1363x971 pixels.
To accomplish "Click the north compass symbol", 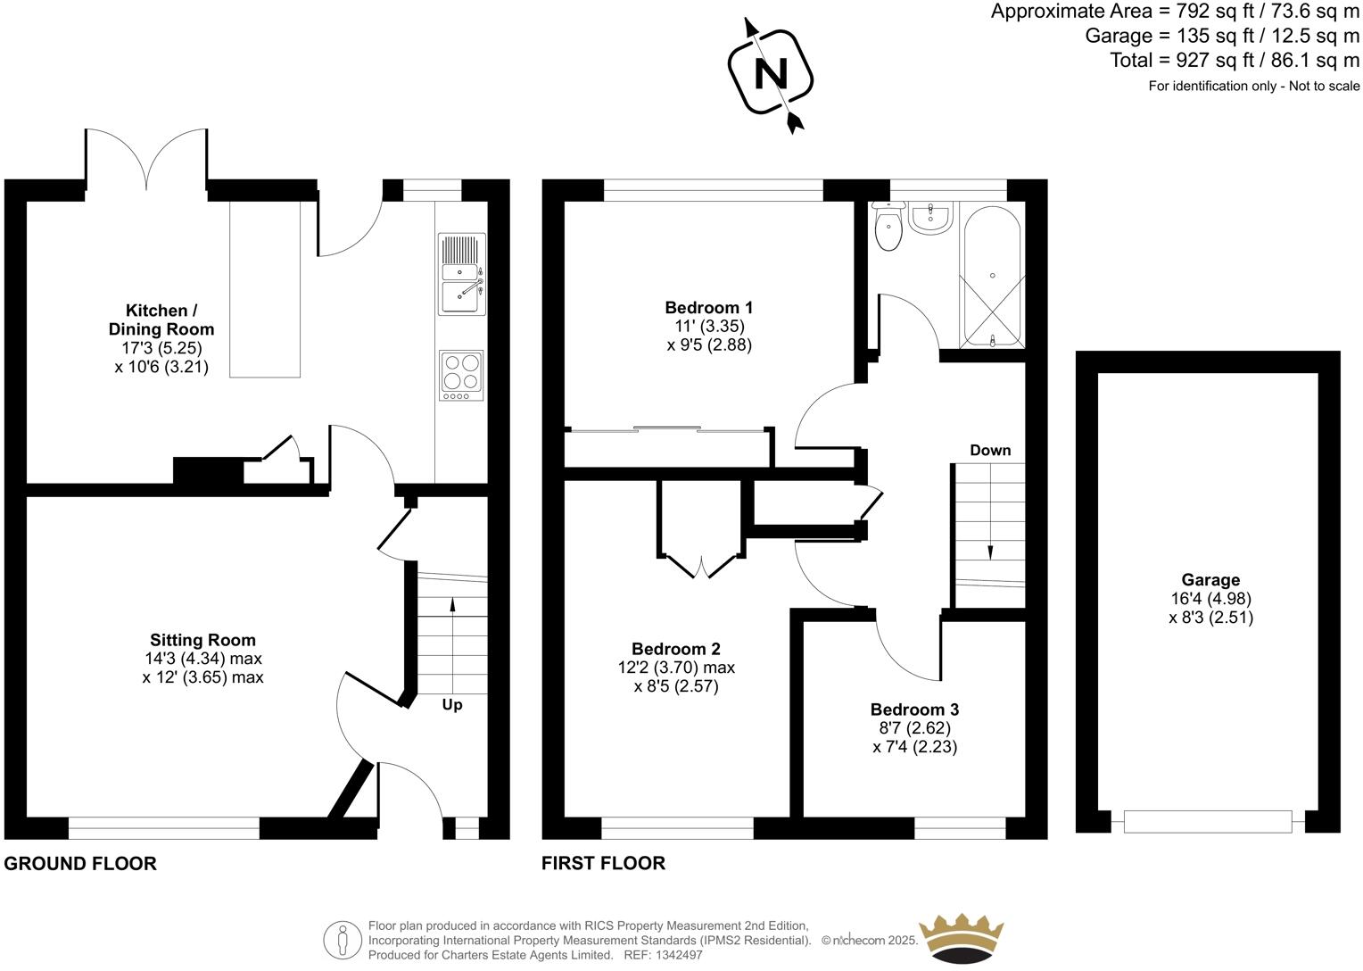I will tap(771, 73).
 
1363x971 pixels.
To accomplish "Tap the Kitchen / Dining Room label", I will tap(161, 320).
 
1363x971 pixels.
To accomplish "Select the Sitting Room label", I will tap(202, 640).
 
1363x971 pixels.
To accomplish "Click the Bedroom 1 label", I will tap(709, 308).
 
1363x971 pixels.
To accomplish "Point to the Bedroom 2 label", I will tap(675, 649).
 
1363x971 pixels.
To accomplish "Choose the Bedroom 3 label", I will tap(914, 710).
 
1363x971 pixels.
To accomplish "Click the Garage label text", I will tap(1210, 580).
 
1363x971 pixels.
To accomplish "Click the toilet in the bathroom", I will tap(888, 228).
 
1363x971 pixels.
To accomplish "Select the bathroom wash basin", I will tap(930, 215).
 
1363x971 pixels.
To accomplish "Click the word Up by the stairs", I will tap(452, 705).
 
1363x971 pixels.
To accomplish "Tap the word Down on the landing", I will tap(990, 450).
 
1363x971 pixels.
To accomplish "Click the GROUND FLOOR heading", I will tap(80, 863).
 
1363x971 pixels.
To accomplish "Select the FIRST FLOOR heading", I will tap(603, 863).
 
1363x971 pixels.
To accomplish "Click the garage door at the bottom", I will tap(1207, 821).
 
